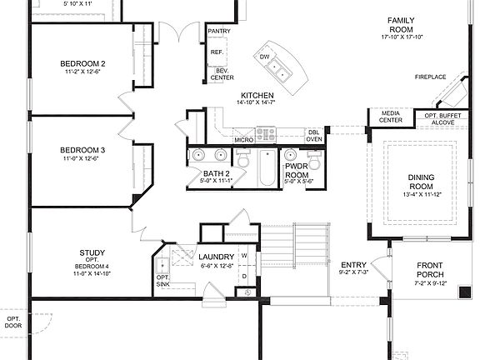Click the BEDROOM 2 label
click(82, 63)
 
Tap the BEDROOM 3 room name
click(82, 150)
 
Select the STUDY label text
click(92, 252)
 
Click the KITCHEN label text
click(257, 96)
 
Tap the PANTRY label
click(218, 31)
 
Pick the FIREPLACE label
click(430, 77)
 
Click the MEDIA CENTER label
click(391, 116)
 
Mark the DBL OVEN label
click(313, 136)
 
